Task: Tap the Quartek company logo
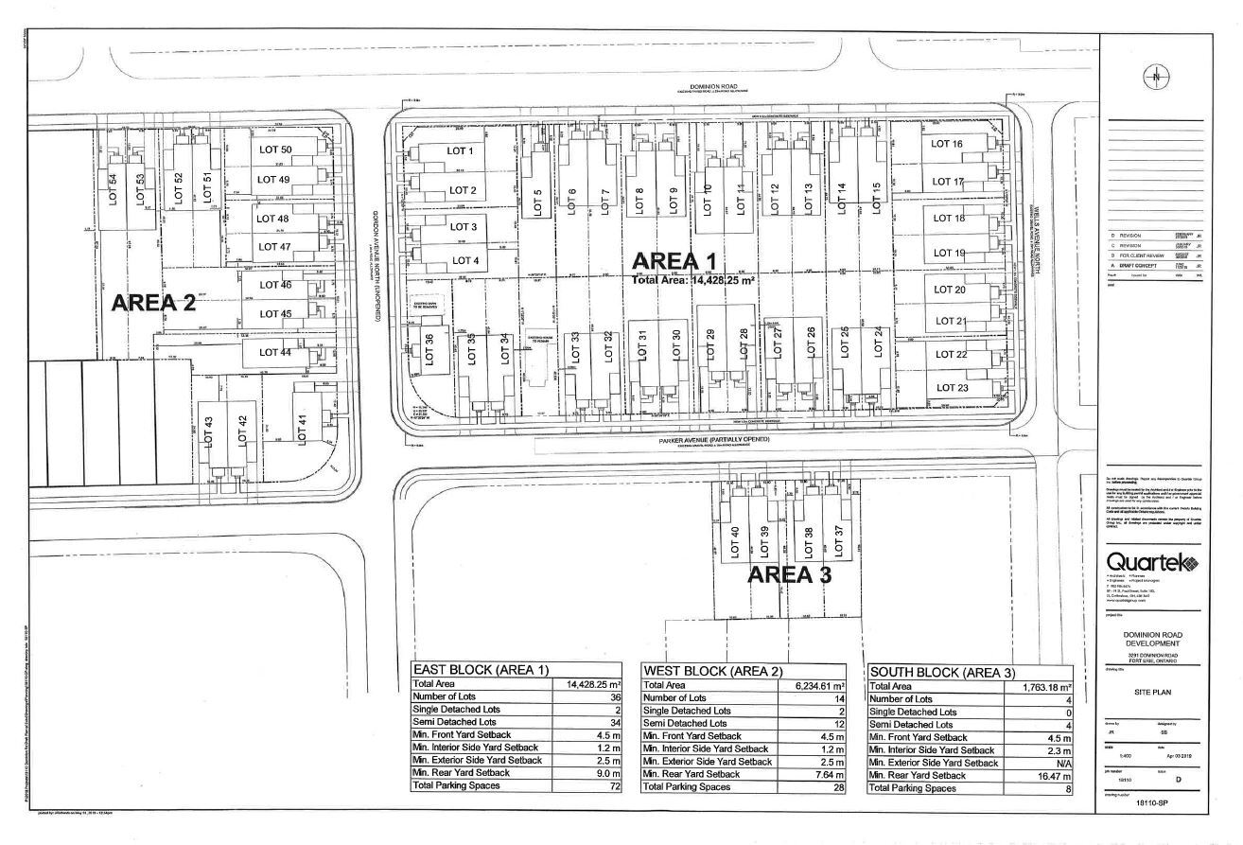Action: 1152,562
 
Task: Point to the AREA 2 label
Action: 153,303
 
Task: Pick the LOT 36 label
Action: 429,350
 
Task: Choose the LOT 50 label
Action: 274,150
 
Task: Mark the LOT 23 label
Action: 950,387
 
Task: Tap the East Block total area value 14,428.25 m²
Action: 593,684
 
